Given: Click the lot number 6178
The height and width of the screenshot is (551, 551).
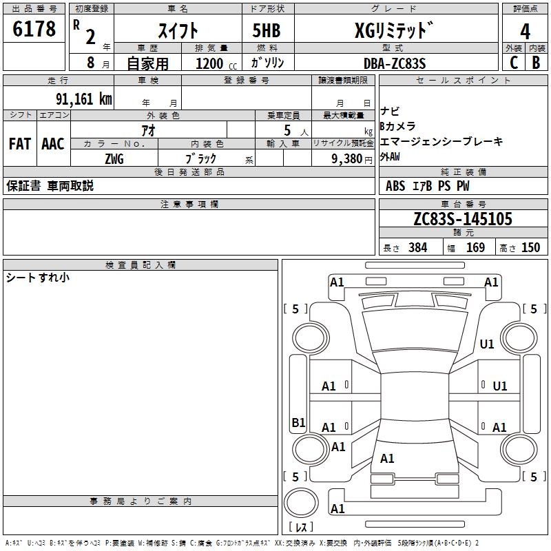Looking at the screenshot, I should coord(34,30).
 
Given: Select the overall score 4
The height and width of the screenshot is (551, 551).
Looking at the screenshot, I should coord(525,31).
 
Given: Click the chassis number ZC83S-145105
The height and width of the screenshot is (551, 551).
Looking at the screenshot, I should coord(463,219).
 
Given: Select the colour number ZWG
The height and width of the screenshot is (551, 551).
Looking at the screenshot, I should coord(114,158).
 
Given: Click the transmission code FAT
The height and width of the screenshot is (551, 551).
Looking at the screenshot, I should coord(20,144).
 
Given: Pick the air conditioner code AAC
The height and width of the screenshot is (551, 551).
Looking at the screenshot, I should coord(53,144).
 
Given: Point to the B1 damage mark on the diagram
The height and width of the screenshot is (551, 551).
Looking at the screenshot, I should coord(298,423).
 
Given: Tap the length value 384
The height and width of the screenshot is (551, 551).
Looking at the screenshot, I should coord(418,248).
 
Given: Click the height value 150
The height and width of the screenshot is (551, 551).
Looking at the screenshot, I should coord(530,248).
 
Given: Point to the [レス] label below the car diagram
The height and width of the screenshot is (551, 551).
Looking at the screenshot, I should coord(302,527).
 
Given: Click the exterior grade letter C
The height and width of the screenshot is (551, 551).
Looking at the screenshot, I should coord(513,63).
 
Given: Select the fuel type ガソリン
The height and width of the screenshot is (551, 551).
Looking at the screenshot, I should coord(268,63).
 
